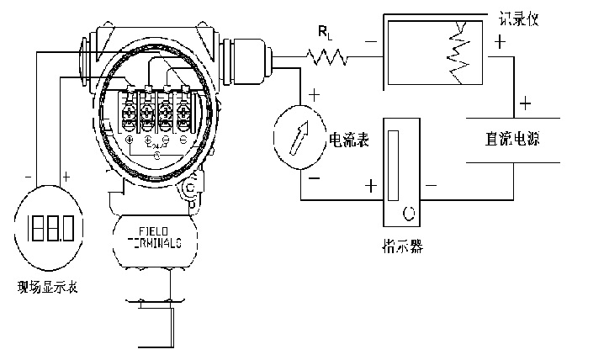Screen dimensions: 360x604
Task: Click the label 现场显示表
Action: point(48,289)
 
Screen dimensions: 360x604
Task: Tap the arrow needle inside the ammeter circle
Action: point(299,138)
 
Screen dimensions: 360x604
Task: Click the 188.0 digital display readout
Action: point(48,227)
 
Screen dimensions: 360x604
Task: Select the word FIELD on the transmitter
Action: point(155,230)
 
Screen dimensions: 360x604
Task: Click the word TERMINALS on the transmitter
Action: point(155,241)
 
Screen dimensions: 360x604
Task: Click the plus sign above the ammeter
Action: point(314,95)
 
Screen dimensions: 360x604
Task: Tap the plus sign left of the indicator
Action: point(369,185)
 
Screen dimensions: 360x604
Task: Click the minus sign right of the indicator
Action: point(432,185)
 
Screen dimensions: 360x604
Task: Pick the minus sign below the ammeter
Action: point(314,179)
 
